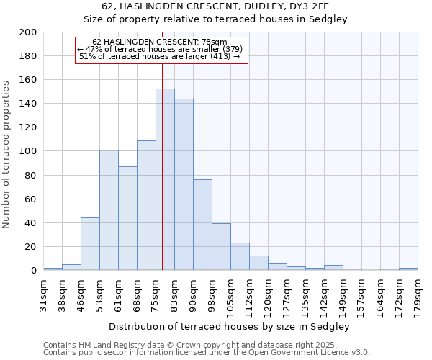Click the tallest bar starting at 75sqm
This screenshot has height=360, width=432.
[x=165, y=179]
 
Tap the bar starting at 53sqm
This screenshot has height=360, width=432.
[x=109, y=210]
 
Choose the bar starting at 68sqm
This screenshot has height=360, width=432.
[x=146, y=205]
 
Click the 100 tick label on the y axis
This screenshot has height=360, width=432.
[x=27, y=151]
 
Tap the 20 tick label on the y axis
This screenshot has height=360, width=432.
[x=30, y=246]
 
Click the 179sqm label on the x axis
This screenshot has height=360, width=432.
[x=418, y=294]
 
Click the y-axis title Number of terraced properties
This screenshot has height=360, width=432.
[x=6, y=154]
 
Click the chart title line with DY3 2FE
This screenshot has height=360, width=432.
[x=215, y=6]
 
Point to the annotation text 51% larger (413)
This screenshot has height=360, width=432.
[x=160, y=56]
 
